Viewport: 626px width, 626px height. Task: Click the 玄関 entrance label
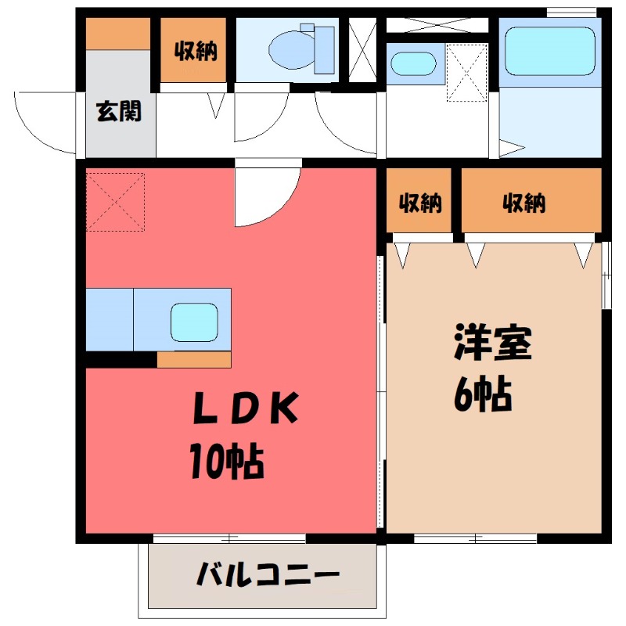click(119, 111)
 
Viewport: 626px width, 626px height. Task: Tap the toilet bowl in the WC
click(291, 49)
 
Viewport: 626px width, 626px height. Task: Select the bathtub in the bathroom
click(550, 51)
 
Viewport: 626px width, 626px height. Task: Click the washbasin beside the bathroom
click(413, 63)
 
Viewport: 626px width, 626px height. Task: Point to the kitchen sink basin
click(194, 322)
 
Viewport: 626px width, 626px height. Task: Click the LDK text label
click(246, 408)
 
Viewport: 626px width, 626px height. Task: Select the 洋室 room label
click(493, 343)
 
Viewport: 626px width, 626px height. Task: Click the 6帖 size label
click(483, 394)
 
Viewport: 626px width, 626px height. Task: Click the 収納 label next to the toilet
click(195, 51)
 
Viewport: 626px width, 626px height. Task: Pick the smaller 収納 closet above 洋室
click(419, 200)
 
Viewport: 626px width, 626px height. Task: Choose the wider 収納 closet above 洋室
click(531, 200)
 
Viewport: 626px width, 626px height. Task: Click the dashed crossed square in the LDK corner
click(115, 202)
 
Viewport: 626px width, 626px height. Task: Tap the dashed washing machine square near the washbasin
click(466, 72)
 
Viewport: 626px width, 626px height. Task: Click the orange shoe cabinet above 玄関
click(118, 34)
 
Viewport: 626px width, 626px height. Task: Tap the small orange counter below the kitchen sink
click(194, 360)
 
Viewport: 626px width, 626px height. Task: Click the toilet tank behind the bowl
click(324, 50)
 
